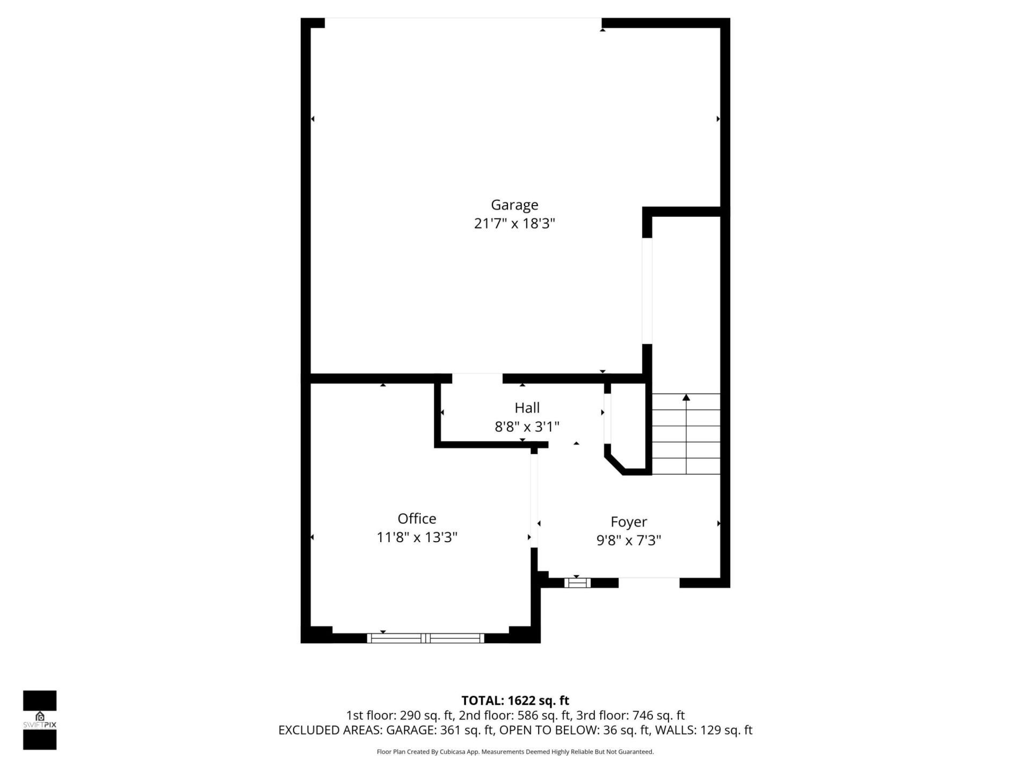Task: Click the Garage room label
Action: coord(514,205)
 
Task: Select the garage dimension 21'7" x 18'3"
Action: coord(514,223)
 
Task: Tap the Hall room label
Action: coord(527,408)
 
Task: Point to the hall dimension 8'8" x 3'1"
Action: coord(527,427)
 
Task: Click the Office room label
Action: coord(417,519)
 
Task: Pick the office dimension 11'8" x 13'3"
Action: coord(417,537)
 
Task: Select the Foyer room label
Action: coord(628,522)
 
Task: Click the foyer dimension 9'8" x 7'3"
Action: coord(628,540)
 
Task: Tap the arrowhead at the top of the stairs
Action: coord(686,398)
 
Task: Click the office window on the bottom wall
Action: coord(426,638)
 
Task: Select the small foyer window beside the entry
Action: coord(577,583)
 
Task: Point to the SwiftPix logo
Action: coord(40,720)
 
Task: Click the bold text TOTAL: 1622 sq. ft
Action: coord(515,701)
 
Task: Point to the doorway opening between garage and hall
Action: coord(477,378)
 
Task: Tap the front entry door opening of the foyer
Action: coord(649,583)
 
